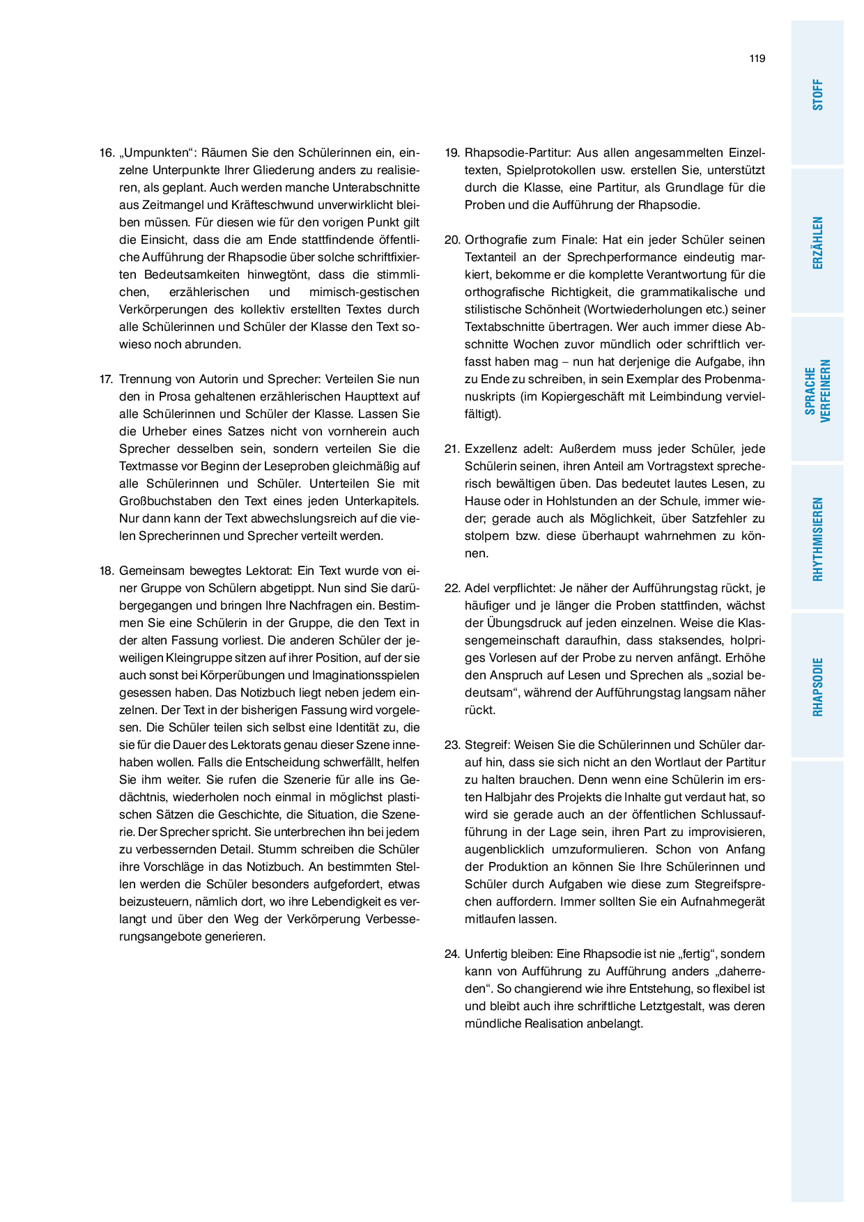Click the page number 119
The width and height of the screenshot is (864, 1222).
tap(757, 59)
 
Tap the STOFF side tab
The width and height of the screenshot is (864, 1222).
tap(817, 94)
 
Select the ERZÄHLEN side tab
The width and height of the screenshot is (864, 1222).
tap(817, 242)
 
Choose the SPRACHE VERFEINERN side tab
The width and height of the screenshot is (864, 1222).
tap(817, 390)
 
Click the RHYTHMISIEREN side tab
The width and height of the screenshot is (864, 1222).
tap(817, 539)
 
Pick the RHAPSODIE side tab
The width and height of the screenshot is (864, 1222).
tap(817, 687)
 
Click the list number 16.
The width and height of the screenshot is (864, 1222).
tap(106, 153)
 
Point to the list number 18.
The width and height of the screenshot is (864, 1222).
tap(106, 571)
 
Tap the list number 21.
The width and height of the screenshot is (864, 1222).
tap(452, 449)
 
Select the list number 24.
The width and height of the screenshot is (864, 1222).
tap(452, 954)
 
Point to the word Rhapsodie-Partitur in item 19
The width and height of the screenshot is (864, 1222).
tap(517, 153)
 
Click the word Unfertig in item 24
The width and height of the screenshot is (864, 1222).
tap(486, 954)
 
